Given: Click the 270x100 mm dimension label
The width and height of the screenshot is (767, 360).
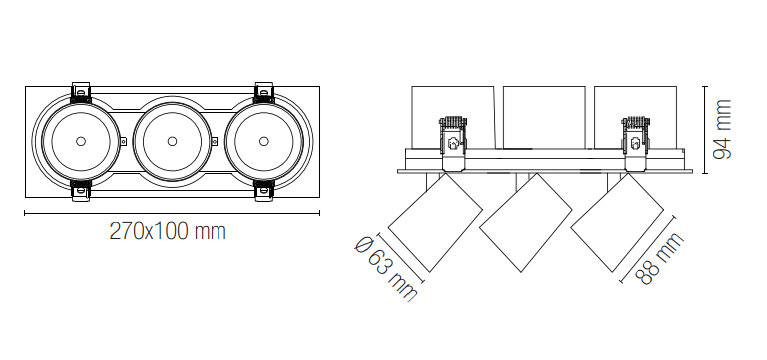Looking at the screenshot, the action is [167, 231].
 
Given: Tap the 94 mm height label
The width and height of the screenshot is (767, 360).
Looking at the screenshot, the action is [722, 130].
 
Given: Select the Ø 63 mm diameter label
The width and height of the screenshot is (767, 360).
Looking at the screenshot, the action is [386, 268].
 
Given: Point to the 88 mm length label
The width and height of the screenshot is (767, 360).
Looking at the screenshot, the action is [659, 259].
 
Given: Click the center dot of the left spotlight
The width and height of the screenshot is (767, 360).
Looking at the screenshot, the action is [81, 141].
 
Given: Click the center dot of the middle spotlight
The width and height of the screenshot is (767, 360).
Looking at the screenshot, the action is [172, 141].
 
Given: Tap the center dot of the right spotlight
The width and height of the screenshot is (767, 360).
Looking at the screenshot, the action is [264, 141].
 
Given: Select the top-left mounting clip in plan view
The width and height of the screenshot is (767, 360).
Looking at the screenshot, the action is [81, 92].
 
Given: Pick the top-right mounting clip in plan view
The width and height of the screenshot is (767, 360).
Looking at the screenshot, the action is [264, 92].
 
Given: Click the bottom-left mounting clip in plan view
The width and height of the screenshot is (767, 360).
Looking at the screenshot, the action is [81, 190].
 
